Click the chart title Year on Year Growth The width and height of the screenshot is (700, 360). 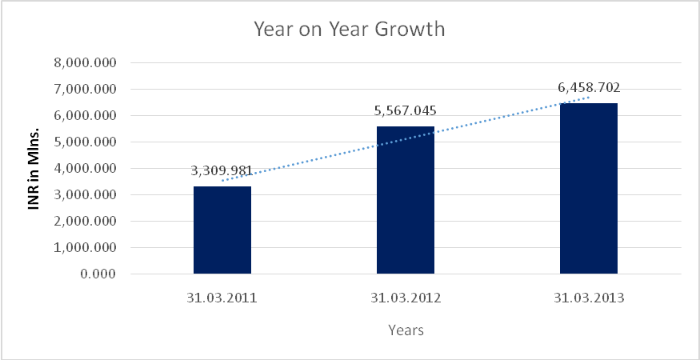349,30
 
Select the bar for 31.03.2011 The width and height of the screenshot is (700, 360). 222,230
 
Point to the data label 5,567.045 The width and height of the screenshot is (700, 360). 405,111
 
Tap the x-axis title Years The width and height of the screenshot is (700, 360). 406,330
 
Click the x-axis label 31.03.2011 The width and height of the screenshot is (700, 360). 222,299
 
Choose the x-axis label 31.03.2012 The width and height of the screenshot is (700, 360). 406,299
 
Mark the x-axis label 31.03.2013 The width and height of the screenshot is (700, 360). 588,299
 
